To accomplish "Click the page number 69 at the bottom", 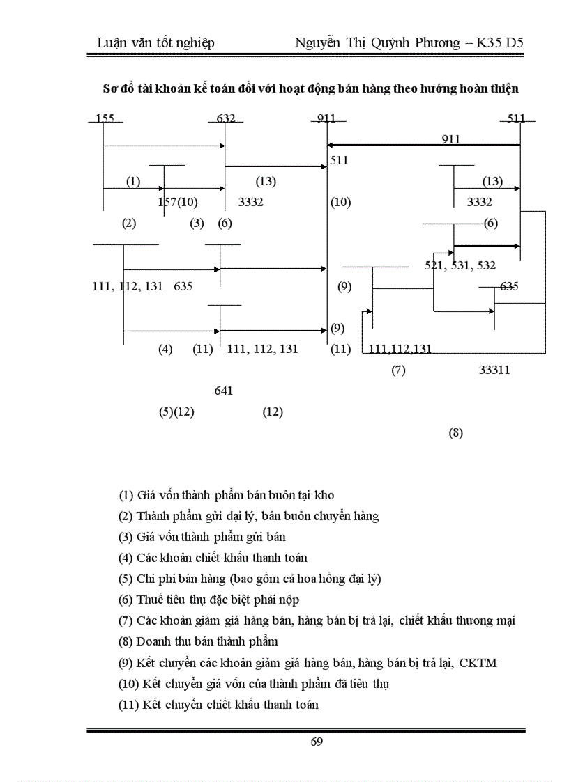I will (317, 741).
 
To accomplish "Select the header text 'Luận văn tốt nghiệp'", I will (155, 43).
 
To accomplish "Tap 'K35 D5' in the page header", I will (500, 43).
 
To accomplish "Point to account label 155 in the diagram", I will (105, 118).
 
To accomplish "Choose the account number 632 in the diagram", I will (225, 118).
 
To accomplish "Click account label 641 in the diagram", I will (223, 391).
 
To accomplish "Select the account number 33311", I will (494, 370).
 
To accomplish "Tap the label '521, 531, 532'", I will (460, 265).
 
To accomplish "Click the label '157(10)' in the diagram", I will (178, 203).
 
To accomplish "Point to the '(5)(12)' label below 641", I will (176, 412).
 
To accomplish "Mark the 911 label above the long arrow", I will (450, 139).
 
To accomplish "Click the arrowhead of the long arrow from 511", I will (331, 146).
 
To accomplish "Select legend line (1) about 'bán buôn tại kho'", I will (226, 495).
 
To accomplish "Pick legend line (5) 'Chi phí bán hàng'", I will (250, 579).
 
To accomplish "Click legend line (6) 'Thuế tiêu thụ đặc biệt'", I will (208, 600).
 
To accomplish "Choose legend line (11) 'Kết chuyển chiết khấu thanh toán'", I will (218, 704).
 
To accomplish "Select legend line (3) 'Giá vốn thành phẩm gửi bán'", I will (202, 537).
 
